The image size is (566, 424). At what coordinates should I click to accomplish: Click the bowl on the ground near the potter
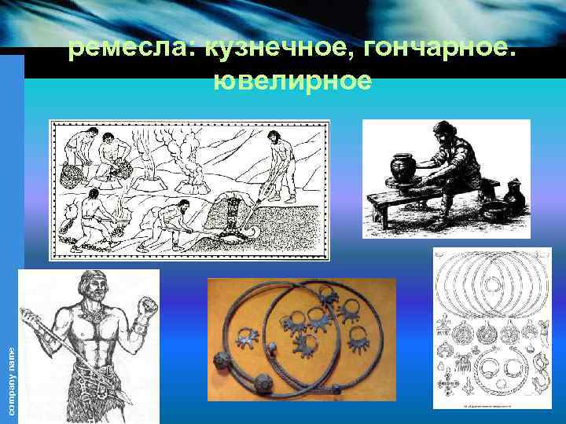[495, 212]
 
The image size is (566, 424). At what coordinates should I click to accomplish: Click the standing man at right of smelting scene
[277, 161]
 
